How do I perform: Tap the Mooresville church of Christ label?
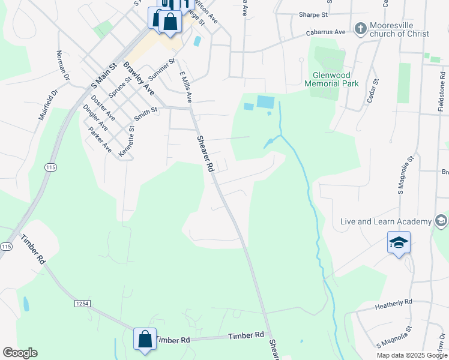(x=399, y=29)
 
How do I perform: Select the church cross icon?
(x=360, y=28)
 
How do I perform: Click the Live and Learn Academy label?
(x=387, y=221)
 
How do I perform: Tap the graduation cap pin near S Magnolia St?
(x=399, y=243)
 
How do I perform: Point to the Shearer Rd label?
(x=206, y=154)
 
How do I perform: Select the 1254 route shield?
(x=82, y=304)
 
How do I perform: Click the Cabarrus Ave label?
(x=325, y=32)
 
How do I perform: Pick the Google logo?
(x=20, y=353)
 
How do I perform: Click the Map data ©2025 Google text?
(x=411, y=355)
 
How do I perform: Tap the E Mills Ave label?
(x=186, y=88)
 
